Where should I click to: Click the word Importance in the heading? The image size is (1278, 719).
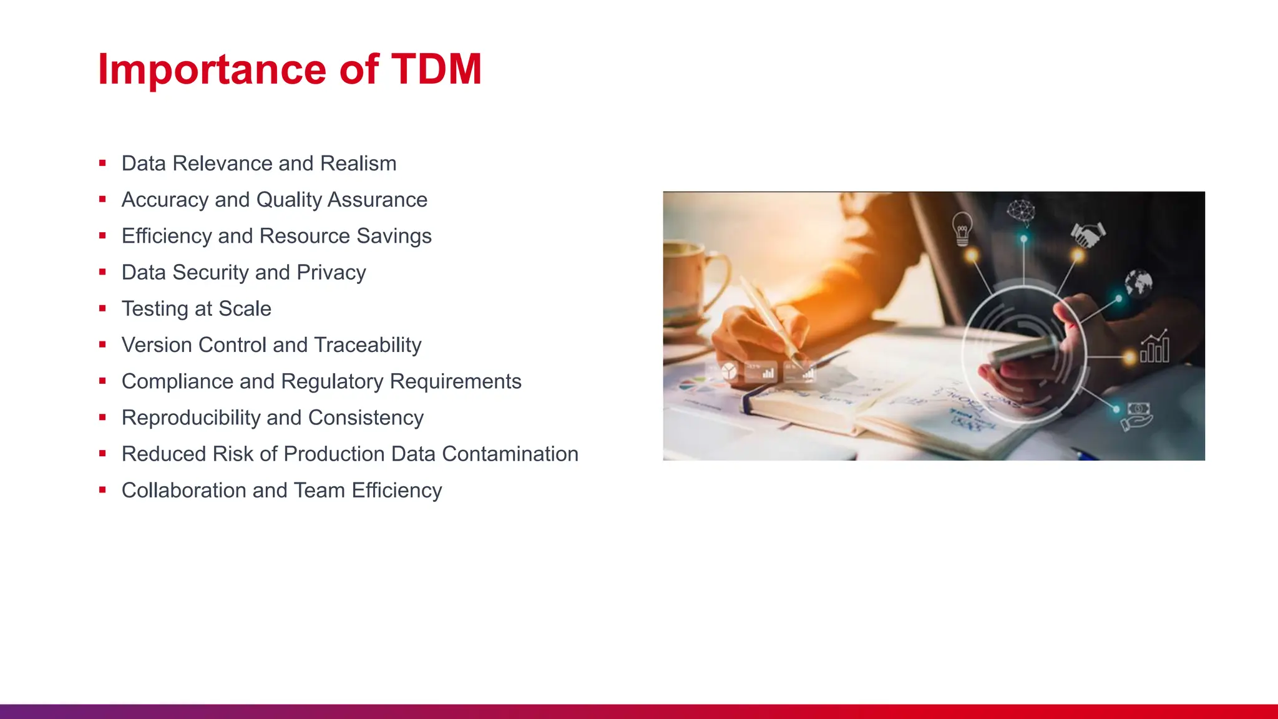coord(212,70)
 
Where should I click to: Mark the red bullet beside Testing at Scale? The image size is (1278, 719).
coord(102,308)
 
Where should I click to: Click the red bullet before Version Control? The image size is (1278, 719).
coord(102,345)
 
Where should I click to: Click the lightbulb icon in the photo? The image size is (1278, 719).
coord(962,228)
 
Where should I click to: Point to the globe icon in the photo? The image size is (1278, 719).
coord(1138,283)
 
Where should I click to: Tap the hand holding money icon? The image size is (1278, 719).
coord(1136,416)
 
